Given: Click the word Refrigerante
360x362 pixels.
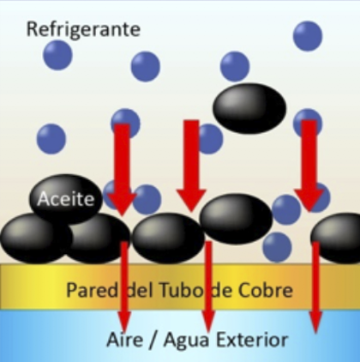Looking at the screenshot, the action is point(83,29).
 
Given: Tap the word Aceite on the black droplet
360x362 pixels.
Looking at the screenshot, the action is point(66,198).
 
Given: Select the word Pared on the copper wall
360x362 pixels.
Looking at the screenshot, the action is point(92,290).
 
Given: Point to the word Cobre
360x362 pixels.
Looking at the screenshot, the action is point(266,290).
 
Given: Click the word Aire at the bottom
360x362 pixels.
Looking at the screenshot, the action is point(124,340).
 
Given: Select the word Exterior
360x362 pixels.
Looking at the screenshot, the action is point(251,340).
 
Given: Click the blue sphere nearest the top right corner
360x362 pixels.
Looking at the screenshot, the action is point(308,36).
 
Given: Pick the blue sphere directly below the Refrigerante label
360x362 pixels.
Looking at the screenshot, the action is point(57,55).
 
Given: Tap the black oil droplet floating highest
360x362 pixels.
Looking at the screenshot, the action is point(249,108).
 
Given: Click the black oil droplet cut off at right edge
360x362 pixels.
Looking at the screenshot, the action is point(336,238).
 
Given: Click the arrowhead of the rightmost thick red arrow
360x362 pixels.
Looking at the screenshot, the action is point(309,200).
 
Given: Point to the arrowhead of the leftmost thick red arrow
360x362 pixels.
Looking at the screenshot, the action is point(122,203).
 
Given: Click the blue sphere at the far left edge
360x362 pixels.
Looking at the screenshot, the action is point(51,139).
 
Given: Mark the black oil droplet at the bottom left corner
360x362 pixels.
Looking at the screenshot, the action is point(36,238).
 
